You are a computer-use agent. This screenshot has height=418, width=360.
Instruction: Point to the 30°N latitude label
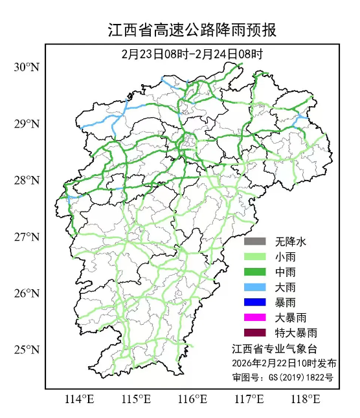pyautogui.click(x=27, y=67)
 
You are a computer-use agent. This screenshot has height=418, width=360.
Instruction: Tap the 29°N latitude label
pyautogui.click(x=27, y=124)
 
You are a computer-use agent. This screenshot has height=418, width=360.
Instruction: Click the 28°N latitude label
pyautogui.click(x=27, y=180)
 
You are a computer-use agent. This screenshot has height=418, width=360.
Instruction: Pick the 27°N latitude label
pyautogui.click(x=27, y=237)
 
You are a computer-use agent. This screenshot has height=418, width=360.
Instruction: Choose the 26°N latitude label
pyautogui.click(x=27, y=293)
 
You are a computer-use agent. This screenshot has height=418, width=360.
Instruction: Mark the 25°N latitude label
pyautogui.click(x=27, y=350)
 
